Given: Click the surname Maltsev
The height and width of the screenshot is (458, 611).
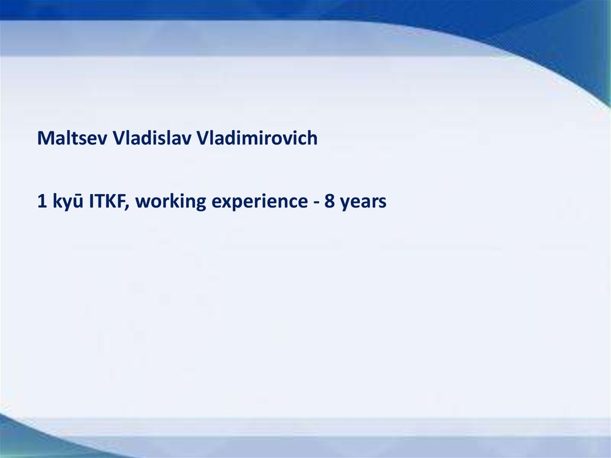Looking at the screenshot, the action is (x=72, y=138).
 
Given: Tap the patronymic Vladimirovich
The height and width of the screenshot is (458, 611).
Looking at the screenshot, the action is (x=257, y=138).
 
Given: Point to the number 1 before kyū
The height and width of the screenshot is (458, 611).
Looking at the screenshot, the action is (x=42, y=201).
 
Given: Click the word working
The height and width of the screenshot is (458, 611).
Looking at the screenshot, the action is (x=171, y=202).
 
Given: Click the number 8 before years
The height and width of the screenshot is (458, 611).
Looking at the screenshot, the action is (x=329, y=201).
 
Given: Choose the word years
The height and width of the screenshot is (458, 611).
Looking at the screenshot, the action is (x=363, y=203).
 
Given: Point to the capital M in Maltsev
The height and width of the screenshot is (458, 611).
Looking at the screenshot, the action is (x=45, y=138).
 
